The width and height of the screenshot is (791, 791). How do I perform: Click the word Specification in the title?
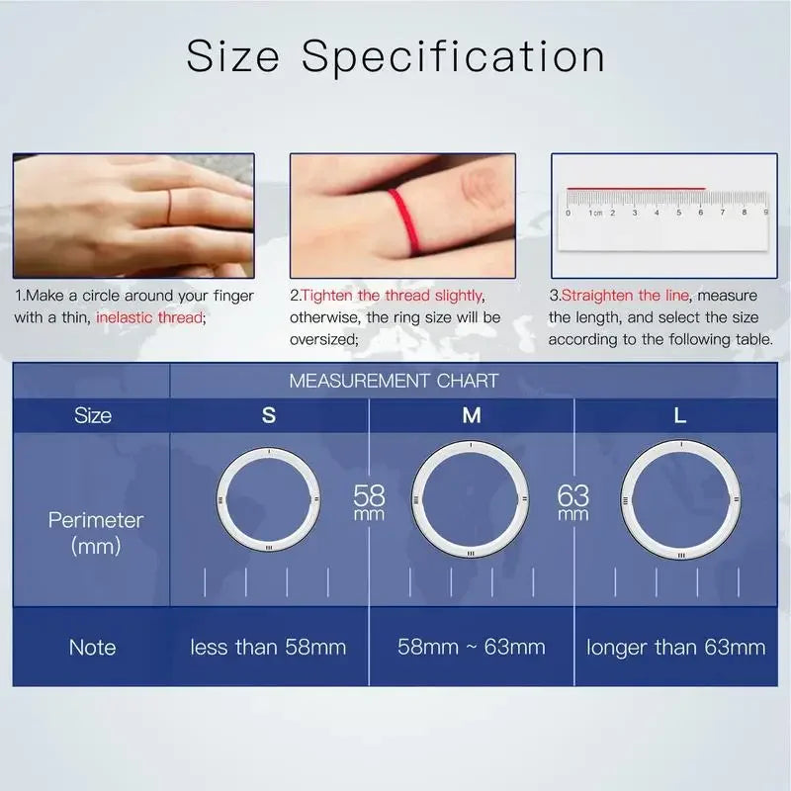[x=454, y=57]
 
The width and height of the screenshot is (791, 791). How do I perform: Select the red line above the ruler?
[x=636, y=187]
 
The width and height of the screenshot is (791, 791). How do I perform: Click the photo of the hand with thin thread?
[x=133, y=215]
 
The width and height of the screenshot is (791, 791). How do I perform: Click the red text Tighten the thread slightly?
[x=393, y=296]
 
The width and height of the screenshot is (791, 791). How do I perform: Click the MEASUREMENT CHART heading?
[x=394, y=381]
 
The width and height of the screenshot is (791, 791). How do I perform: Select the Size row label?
[x=92, y=415]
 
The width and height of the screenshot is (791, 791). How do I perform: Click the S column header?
[x=269, y=415]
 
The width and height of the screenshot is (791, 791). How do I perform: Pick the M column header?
[x=472, y=415]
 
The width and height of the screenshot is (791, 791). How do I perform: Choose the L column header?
[x=679, y=415]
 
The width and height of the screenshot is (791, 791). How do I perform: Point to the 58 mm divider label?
[x=369, y=501]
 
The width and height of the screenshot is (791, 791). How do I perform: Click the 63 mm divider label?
[x=573, y=501]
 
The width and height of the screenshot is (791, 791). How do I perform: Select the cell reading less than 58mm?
[x=269, y=648]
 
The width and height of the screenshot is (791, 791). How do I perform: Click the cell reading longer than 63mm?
[x=676, y=648]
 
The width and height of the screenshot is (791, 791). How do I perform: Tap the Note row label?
[x=92, y=648]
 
